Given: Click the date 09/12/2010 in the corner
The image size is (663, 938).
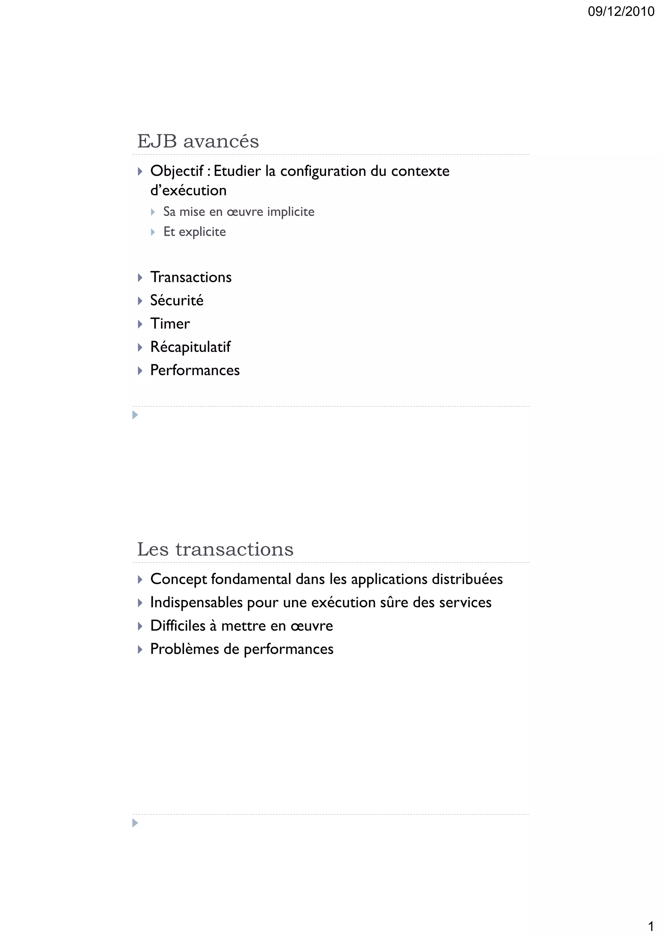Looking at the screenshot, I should pyautogui.click(x=621, y=11).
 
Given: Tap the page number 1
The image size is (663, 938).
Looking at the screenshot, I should pyautogui.click(x=651, y=926).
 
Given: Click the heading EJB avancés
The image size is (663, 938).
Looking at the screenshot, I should pyautogui.click(x=198, y=141).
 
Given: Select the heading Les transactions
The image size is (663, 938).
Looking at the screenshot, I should pyautogui.click(x=215, y=549).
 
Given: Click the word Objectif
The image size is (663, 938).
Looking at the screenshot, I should pyautogui.click(x=176, y=171).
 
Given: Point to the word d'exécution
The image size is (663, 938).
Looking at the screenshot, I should pyautogui.click(x=188, y=190).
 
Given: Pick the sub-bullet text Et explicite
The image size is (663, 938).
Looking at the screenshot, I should pyautogui.click(x=195, y=232).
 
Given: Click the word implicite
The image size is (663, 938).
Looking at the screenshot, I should pyautogui.click(x=290, y=212).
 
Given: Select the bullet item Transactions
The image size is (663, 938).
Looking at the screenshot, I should pyautogui.click(x=191, y=277).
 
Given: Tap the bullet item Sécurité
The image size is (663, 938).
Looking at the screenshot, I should pyautogui.click(x=176, y=300).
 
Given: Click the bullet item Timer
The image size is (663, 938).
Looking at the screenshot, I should pyautogui.click(x=170, y=323).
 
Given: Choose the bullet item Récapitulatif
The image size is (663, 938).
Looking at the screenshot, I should pyautogui.click(x=190, y=347).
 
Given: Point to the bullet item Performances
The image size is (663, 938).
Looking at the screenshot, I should pyautogui.click(x=195, y=370).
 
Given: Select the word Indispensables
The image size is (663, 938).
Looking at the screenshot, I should pyautogui.click(x=197, y=602).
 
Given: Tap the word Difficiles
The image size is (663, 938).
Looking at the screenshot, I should pyautogui.click(x=178, y=626).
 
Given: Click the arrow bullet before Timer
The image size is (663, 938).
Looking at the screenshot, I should pyautogui.click(x=140, y=324).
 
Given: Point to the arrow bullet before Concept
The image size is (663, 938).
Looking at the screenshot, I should pyautogui.click(x=140, y=579).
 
